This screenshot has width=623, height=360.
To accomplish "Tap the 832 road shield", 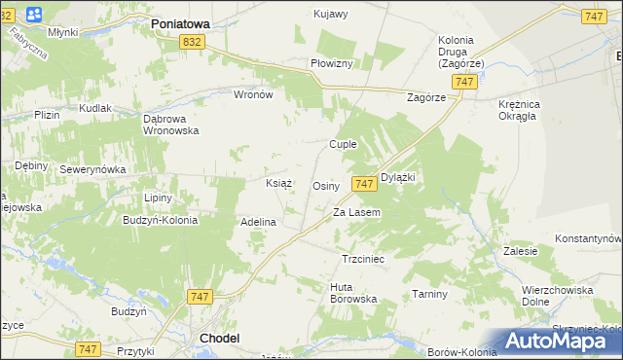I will click(x=192, y=41).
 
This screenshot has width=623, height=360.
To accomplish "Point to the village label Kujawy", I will click(x=331, y=14).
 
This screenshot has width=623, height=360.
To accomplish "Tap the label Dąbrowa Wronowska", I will click(x=170, y=125).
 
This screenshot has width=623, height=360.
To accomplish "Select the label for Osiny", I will click(x=325, y=185).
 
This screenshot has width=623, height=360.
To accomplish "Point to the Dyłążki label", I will click(x=398, y=177).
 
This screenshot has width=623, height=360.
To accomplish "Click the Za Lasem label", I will click(x=356, y=212).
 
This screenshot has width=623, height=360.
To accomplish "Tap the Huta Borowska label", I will click(x=353, y=293).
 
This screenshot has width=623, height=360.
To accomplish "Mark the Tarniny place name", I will click(x=428, y=294).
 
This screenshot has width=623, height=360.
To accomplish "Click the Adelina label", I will click(x=259, y=222).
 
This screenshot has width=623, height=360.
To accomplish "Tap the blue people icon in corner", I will click(x=35, y=15).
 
